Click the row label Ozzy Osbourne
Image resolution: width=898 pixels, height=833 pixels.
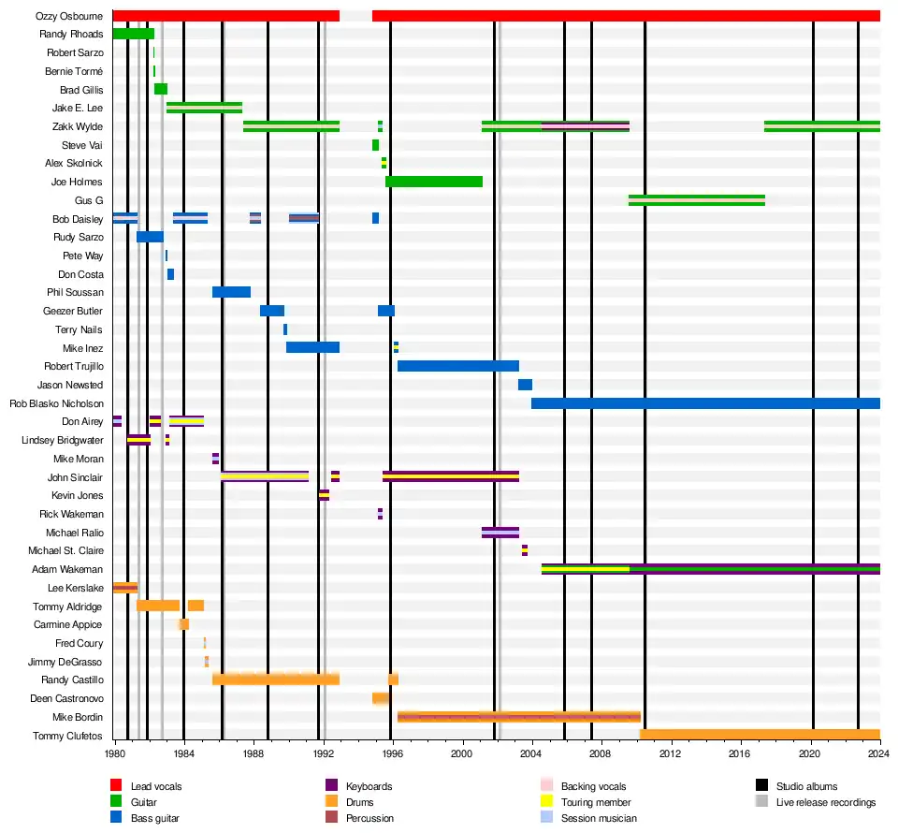click(x=69, y=16)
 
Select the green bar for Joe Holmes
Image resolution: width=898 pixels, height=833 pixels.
click(x=434, y=182)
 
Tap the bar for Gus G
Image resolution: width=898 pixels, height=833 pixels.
click(x=697, y=200)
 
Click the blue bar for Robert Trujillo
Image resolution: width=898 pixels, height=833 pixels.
click(x=458, y=366)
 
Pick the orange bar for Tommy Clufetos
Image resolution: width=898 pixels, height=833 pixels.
click(x=760, y=735)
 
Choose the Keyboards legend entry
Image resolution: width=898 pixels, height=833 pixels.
click(x=369, y=786)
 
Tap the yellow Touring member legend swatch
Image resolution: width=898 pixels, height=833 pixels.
click(x=546, y=802)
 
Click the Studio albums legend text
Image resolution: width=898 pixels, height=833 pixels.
click(x=806, y=786)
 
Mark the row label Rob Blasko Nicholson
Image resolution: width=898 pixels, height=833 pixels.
click(x=56, y=403)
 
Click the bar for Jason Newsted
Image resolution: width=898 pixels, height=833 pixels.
click(x=525, y=385)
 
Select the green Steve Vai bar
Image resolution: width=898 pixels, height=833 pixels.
click(x=375, y=145)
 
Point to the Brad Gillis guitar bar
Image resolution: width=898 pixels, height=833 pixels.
click(x=161, y=90)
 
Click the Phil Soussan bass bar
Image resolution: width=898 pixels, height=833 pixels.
click(x=231, y=292)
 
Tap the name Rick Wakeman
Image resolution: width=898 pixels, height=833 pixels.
click(x=71, y=514)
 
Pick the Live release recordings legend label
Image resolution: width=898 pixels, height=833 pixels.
click(x=826, y=802)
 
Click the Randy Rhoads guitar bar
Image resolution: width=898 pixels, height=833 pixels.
click(x=133, y=34)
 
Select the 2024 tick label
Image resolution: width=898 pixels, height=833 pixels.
click(x=879, y=753)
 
